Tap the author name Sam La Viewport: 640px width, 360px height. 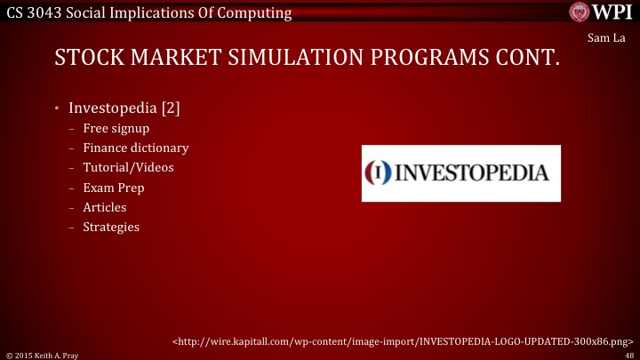click(x=607, y=39)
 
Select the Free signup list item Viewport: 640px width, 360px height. click(x=116, y=128)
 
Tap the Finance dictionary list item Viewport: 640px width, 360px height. click(x=135, y=148)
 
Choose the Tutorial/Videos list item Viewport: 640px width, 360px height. click(x=128, y=167)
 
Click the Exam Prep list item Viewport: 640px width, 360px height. click(x=114, y=188)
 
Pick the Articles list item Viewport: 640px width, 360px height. click(x=105, y=207)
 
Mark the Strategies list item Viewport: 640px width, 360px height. click(x=111, y=227)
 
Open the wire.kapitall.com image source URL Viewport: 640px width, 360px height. click(x=403, y=340)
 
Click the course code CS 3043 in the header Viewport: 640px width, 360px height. click(x=36, y=12)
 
